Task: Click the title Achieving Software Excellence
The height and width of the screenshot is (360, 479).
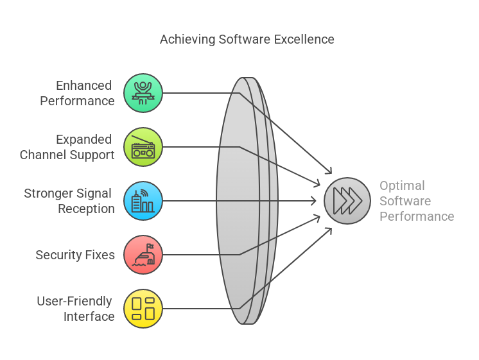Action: coord(247,39)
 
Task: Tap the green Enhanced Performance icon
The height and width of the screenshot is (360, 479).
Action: coord(143,93)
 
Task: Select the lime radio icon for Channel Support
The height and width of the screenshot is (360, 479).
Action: coord(143,147)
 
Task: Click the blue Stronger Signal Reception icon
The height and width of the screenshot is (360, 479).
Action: coord(143,201)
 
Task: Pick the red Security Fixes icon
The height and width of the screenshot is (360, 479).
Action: coord(143,255)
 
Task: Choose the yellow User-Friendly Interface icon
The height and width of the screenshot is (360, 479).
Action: coord(143,309)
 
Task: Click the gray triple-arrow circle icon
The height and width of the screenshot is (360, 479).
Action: coord(347,201)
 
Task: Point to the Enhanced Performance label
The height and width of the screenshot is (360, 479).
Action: coord(77,93)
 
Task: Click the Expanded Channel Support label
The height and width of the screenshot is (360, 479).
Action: coord(67,147)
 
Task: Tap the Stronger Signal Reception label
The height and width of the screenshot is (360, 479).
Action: coord(69,201)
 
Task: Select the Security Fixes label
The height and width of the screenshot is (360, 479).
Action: coord(75,255)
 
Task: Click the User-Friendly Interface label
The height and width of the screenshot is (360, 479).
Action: coord(75,309)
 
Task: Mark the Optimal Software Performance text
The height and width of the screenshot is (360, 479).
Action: coord(416,201)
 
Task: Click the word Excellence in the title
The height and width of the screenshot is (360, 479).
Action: coord(304,39)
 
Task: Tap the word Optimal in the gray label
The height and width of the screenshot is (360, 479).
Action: coord(402,185)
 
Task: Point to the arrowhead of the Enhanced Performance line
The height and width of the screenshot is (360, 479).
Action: coord(330,172)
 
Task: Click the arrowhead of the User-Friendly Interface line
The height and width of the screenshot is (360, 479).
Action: coord(329,229)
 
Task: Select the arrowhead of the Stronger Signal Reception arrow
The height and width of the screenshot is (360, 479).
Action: coord(316,201)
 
